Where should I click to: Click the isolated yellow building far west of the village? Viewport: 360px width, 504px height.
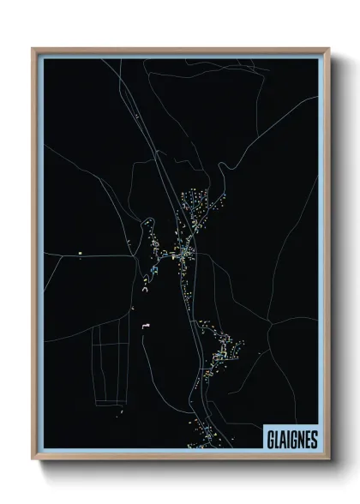(78, 253)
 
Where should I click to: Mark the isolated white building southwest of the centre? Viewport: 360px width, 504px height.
(146, 325)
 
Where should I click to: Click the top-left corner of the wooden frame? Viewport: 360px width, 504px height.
(33, 49)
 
